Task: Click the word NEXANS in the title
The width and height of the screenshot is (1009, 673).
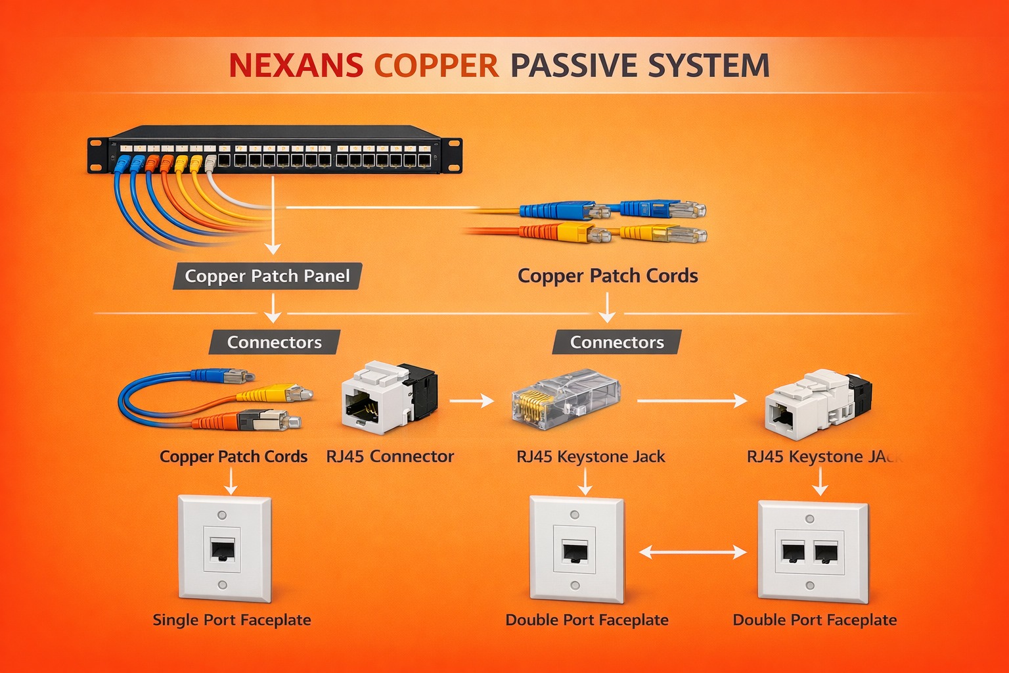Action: tap(296, 66)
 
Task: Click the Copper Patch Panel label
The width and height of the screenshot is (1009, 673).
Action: tap(267, 276)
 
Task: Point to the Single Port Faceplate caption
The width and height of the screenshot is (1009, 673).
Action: tap(231, 620)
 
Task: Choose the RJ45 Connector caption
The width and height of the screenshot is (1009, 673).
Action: tap(390, 456)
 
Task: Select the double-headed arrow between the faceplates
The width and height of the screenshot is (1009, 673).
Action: tap(692, 553)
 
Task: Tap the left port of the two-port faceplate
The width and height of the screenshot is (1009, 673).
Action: tap(793, 551)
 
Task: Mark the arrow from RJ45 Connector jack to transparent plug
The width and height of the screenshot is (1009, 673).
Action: tap(471, 400)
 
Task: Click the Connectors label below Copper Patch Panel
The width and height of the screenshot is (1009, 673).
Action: tap(274, 342)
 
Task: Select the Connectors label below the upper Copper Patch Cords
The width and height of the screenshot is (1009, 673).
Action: tap(616, 342)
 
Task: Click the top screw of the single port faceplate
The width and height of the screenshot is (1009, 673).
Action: tap(222, 515)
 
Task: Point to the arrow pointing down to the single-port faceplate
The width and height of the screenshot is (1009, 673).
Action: tap(231, 484)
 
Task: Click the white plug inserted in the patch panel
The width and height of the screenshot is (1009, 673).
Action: tap(210, 162)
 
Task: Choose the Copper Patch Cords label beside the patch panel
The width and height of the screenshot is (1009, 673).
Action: tap(607, 276)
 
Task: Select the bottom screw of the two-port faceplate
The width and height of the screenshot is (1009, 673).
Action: tap(810, 586)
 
